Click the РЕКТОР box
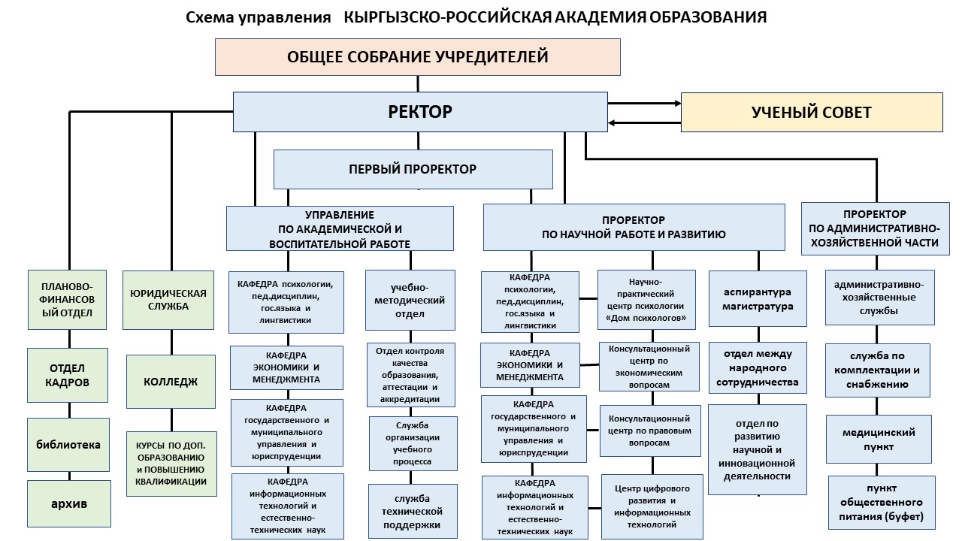[x=420, y=112]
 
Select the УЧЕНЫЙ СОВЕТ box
[x=812, y=113]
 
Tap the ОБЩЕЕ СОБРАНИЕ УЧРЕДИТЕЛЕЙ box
[x=418, y=57]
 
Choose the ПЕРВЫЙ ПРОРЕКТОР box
[x=413, y=169]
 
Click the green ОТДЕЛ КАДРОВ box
[x=69, y=375]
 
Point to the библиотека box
[x=68, y=444]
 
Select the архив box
[x=68, y=503]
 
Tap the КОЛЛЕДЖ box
[x=171, y=381]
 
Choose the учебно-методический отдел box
[x=410, y=300]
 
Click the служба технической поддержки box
[x=413, y=511]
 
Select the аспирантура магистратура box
[x=758, y=298]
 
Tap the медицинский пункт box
[x=879, y=439]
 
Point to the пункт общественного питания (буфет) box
[x=882, y=502]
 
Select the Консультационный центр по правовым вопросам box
[x=649, y=431]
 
